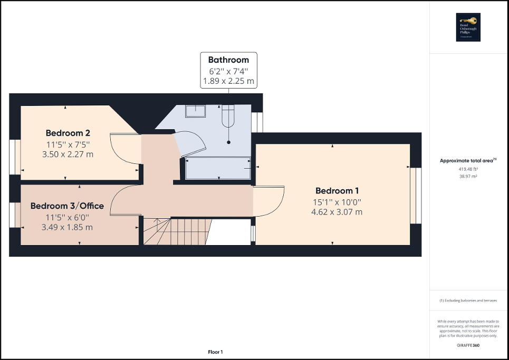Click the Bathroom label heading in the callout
tap(228, 60)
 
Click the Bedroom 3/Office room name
tap(67, 206)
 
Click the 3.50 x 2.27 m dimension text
tap(68, 154)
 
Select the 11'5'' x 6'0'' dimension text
tap(67, 217)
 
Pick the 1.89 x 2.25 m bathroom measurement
tap(228, 82)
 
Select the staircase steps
tap(177, 232)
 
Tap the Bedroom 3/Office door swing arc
tap(124, 200)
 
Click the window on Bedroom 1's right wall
tap(416, 195)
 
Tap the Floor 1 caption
tap(215, 352)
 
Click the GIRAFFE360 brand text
tap(468, 345)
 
